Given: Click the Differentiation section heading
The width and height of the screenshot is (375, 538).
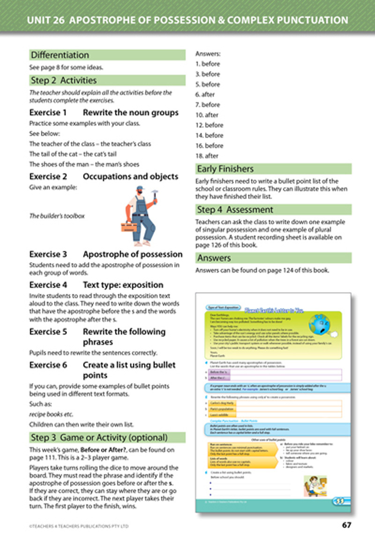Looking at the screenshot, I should [59, 55].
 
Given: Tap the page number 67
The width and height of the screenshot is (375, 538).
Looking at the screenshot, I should [345, 525].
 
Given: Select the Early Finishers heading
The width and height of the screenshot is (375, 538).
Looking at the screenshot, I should [225, 169].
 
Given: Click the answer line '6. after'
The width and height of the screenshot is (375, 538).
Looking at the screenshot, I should [206, 95].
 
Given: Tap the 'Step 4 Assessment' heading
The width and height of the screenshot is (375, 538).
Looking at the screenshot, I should [235, 209].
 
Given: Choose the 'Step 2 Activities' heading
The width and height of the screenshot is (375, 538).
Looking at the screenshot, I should [63, 80].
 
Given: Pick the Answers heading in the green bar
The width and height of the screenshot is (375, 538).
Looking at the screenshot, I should [214, 258].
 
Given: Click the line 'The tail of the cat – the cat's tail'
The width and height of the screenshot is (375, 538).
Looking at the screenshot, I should [73, 154].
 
